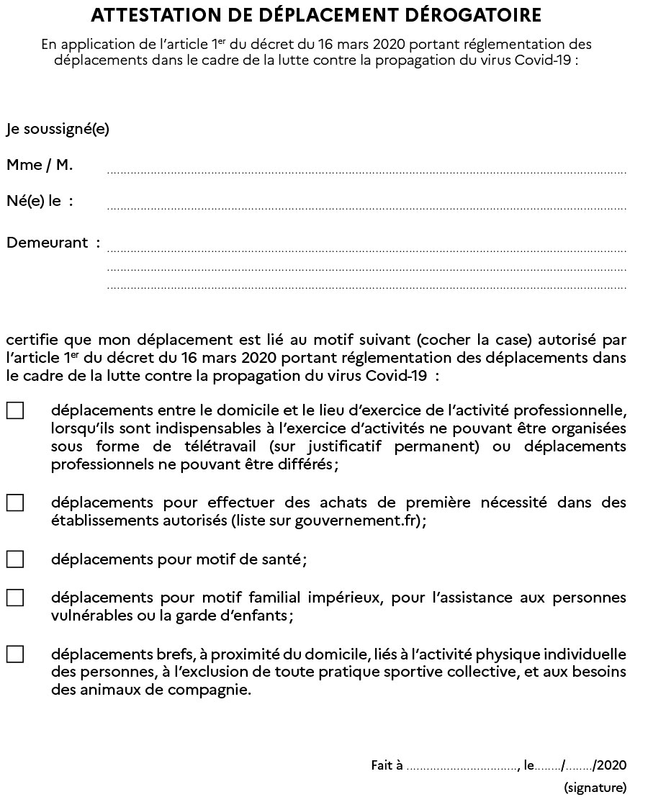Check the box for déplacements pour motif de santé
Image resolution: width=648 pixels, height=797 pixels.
click(x=15, y=559)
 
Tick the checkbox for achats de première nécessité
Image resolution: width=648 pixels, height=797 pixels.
click(x=15, y=503)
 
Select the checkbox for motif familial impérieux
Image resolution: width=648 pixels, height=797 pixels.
click(x=15, y=598)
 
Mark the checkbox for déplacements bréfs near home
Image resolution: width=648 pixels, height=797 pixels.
click(x=15, y=654)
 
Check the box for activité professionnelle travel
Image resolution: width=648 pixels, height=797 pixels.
click(x=15, y=411)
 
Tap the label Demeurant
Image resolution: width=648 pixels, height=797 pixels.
click(x=48, y=243)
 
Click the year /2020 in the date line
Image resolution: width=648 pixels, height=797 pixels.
click(x=610, y=765)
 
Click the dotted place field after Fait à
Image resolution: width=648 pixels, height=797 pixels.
click(x=462, y=767)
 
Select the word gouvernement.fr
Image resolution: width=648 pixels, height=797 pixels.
click(x=357, y=521)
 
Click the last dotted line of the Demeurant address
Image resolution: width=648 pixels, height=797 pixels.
click(x=366, y=288)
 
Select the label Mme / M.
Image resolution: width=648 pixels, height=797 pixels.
click(x=40, y=166)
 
